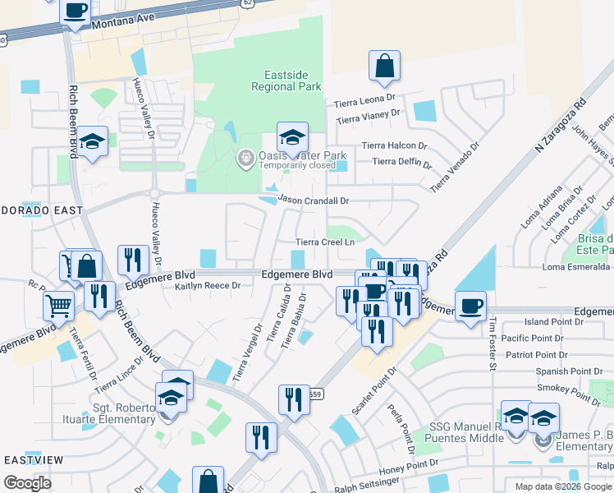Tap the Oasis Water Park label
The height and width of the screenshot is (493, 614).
point(302,155)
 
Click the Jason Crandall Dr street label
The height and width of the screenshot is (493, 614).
point(314,200)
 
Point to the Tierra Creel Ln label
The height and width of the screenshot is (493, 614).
point(325,242)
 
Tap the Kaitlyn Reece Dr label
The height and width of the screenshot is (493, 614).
point(207,285)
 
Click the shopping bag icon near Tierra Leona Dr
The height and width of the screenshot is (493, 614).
point(384,67)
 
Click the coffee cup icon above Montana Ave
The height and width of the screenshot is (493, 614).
point(76,11)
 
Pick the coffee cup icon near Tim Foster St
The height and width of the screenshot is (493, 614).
point(470,306)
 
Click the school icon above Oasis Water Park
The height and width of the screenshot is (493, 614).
point(292,136)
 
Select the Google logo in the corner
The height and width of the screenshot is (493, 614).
point(26,483)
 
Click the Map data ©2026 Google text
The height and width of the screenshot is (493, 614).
point(562,486)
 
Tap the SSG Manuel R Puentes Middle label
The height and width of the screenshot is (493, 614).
point(465,432)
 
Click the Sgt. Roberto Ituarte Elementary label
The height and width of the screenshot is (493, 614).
point(119,413)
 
